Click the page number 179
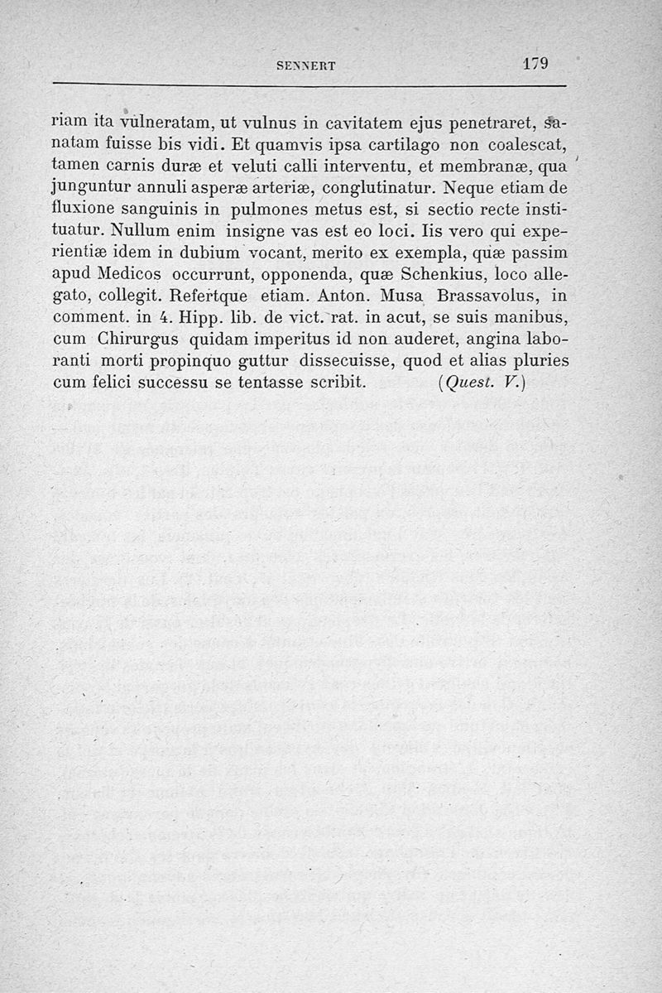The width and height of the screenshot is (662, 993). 535,65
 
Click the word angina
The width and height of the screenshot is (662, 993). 483,339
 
